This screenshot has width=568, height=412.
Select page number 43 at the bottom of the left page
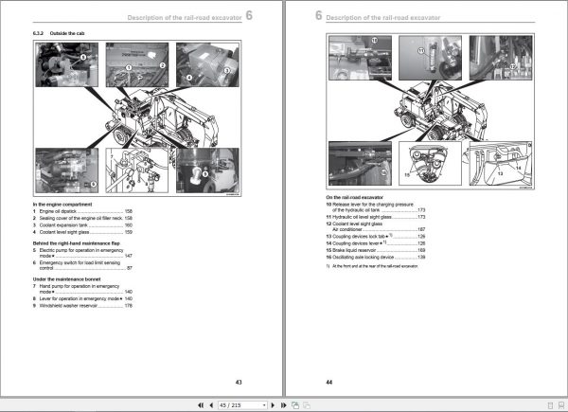click(x=239, y=382)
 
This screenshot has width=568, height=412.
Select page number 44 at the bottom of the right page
click(x=329, y=382)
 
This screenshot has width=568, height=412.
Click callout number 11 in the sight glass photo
click(x=374, y=41)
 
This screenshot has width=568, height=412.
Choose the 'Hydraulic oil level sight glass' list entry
click(x=373, y=217)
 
